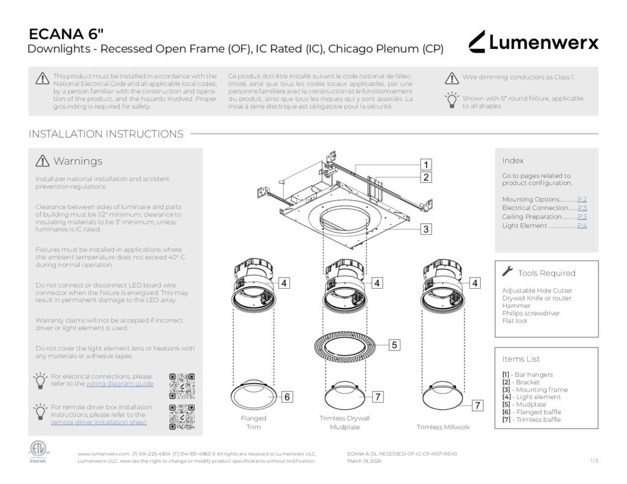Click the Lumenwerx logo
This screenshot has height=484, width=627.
(x=533, y=42)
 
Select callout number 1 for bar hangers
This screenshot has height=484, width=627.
(x=426, y=164)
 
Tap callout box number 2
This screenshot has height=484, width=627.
(x=426, y=177)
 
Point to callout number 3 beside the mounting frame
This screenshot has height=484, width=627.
(x=426, y=229)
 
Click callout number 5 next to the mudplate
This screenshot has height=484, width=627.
(x=395, y=345)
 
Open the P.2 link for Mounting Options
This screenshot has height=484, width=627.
(x=582, y=199)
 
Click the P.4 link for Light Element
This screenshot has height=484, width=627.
(x=582, y=226)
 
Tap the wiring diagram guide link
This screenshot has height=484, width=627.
(x=119, y=384)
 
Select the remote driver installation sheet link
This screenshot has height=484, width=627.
(x=99, y=422)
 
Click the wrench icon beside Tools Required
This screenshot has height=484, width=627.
(x=507, y=272)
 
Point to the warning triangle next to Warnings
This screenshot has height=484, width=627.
(x=42, y=161)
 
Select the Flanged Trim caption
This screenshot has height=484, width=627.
(x=253, y=422)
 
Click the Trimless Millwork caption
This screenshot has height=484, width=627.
(x=443, y=426)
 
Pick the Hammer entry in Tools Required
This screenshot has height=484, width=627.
(x=516, y=305)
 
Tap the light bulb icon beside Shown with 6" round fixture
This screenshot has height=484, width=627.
(x=452, y=100)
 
